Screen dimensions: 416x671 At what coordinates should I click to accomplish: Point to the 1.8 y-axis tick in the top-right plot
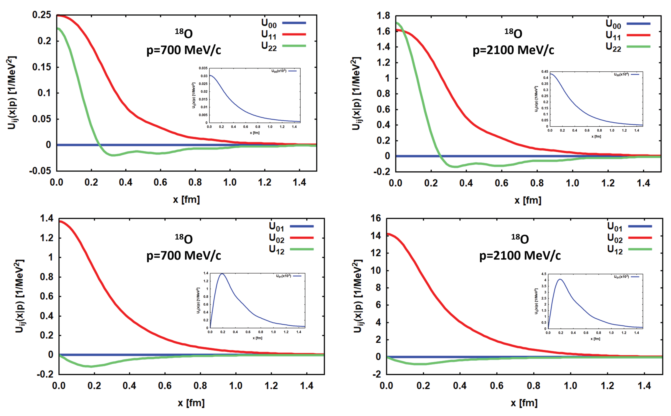pyautogui.click(x=383, y=16)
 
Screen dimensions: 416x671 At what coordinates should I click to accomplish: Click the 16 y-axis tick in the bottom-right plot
pyautogui.click(x=376, y=218)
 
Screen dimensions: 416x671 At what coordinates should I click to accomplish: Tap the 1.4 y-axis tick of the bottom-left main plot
pyautogui.click(x=47, y=218)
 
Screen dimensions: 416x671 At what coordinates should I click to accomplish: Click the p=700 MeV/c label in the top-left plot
pyautogui.click(x=184, y=50)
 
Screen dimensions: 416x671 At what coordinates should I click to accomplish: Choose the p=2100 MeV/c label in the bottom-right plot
pyautogui.click(x=520, y=256)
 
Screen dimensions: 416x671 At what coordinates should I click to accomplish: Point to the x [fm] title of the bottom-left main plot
pyautogui.click(x=191, y=403)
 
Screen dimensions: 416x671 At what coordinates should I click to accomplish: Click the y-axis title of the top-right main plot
pyautogui.click(x=356, y=94)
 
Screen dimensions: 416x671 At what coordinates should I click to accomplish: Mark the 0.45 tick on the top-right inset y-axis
pyautogui.click(x=545, y=72)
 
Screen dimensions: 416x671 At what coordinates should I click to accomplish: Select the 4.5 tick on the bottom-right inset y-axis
pyautogui.click(x=544, y=274)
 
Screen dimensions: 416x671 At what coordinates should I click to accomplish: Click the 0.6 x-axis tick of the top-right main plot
pyautogui.click(x=501, y=183)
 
